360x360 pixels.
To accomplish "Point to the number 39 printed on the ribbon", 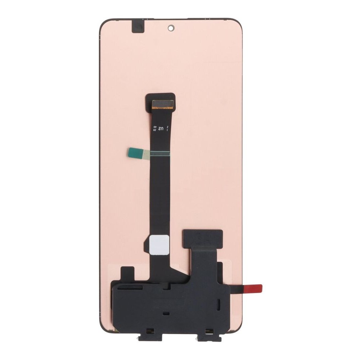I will (x=155, y=130).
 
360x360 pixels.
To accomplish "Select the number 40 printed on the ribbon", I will (x=155, y=126).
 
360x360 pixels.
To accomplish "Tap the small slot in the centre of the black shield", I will (x=166, y=314).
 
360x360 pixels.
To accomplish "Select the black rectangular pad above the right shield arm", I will (x=202, y=238).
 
